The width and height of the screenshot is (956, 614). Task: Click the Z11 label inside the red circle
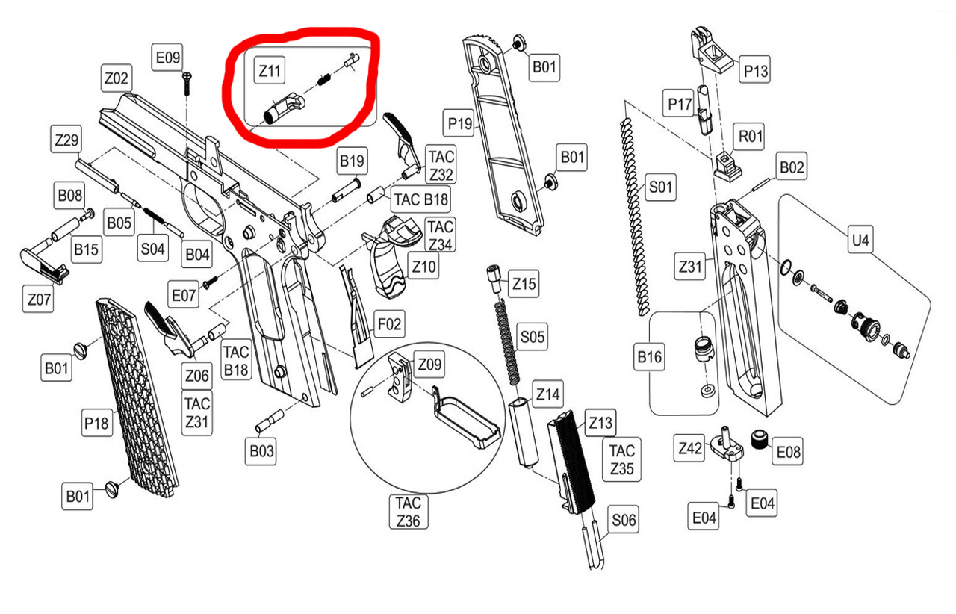coord(270,71)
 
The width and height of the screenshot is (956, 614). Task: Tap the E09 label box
coord(167,57)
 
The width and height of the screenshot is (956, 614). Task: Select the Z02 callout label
coord(117,77)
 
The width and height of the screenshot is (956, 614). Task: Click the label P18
coord(96,424)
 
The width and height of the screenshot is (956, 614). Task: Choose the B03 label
coord(262,450)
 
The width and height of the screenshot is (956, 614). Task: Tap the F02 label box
coord(389,325)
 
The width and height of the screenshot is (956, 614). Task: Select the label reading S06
coord(624,520)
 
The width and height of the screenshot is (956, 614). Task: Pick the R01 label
coord(751,137)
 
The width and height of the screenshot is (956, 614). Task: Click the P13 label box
coord(755,71)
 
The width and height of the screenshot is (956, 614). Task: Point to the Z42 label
coord(690,448)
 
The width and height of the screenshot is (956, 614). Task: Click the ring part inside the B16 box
coord(701,348)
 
